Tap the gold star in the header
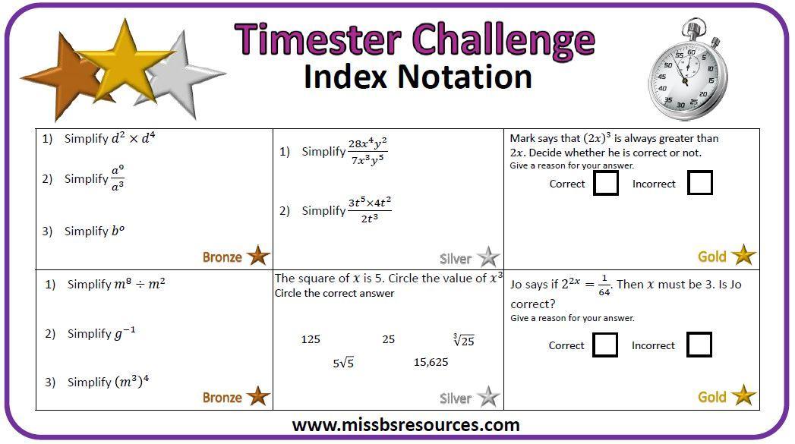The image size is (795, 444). coord(125,61)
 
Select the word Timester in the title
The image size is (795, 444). coord(318,39)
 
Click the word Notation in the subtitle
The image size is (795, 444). coord(465,77)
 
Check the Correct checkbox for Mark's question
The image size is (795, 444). coord(606,183)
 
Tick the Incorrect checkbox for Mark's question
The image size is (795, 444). coord(700,183)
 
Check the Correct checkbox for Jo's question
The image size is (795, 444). coord(605,345)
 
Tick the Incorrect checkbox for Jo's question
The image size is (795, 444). coord(699,345)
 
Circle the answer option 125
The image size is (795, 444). coord(311,339)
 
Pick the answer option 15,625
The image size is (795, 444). coord(431,362)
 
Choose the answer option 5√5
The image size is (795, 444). coord(343,363)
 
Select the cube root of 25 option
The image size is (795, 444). coord(464,339)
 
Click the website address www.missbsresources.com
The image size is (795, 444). coord(405,425)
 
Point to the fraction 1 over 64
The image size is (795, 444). coord(604,285)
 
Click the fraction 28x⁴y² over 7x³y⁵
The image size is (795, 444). coord(368,151)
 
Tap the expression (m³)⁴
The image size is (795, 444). coord(126,381)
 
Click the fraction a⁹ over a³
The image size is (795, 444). coord(118,178)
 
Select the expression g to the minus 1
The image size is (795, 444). coord(125,333)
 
